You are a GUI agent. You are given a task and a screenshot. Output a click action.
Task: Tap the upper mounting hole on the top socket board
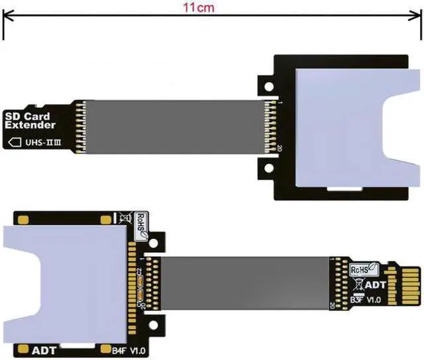267,86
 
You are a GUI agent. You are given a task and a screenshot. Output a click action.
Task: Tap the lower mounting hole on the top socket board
267,170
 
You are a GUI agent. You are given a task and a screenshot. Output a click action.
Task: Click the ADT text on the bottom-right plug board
376,285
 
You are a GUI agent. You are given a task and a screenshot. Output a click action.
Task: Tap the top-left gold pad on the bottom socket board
25,219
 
